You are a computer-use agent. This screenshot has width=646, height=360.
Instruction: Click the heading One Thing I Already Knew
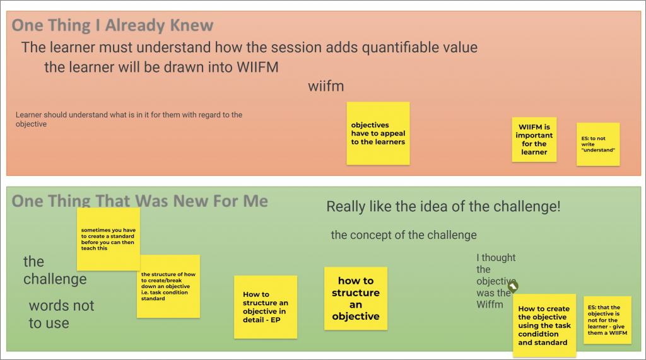[112, 26]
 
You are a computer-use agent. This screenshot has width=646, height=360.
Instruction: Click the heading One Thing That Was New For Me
[139, 201]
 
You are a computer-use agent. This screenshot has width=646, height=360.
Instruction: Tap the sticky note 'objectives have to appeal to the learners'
[379, 134]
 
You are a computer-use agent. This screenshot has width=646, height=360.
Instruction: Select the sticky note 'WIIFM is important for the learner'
[534, 139]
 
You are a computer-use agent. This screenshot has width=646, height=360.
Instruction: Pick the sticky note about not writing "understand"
[598, 144]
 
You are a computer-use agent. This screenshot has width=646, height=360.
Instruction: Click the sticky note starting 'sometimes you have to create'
[109, 240]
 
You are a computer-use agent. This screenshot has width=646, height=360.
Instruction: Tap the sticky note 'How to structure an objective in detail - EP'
[266, 307]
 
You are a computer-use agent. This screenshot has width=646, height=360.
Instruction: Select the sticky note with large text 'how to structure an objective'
[356, 298]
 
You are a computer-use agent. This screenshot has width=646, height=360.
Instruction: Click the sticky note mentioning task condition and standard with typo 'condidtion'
[544, 325]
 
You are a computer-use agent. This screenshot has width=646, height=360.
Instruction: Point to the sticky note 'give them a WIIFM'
[608, 320]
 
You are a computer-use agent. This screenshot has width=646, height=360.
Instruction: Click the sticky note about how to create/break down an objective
[168, 286]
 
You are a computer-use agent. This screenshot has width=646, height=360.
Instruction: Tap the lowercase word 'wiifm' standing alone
[326, 86]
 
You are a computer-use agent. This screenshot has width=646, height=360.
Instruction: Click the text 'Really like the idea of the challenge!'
[443, 206]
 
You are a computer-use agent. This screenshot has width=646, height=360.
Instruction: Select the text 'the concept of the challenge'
[404, 235]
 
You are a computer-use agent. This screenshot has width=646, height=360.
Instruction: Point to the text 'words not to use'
[61, 314]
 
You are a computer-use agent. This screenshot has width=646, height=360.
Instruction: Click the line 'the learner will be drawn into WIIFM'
[161, 67]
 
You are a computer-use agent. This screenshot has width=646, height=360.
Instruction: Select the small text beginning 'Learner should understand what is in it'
[129, 119]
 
